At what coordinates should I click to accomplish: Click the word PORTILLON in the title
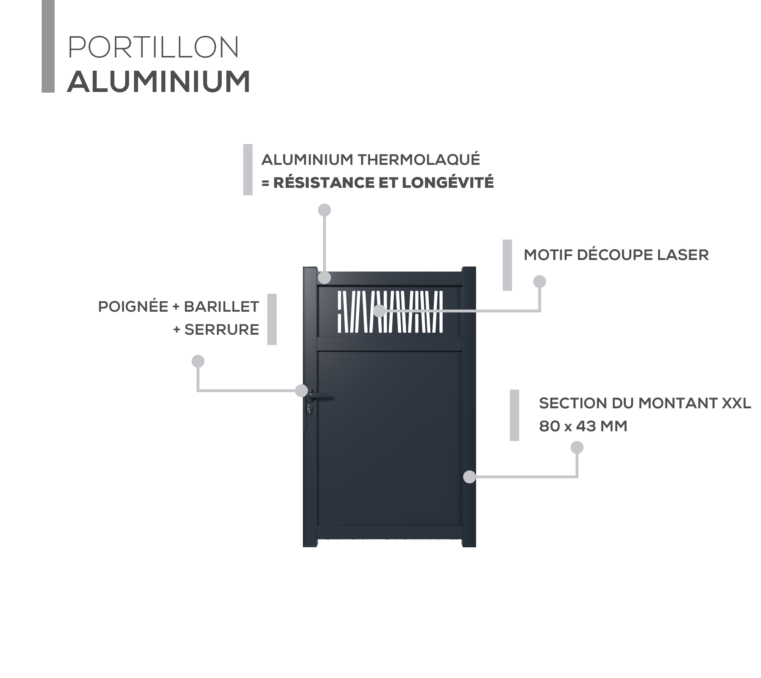point(153,47)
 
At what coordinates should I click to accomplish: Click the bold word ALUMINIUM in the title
point(159,82)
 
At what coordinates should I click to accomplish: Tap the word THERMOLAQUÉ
point(419,160)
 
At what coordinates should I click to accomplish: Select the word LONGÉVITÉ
point(448,182)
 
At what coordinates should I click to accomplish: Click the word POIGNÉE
point(133,307)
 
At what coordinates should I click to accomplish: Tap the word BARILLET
point(221,307)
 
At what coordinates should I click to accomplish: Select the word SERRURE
point(222,330)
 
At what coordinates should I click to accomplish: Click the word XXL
point(737,403)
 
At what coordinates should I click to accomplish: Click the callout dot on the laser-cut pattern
point(379,311)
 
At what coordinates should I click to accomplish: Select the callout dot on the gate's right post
point(470,477)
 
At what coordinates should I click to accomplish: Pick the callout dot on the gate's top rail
point(324,278)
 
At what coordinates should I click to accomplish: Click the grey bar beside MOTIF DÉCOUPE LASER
point(507,265)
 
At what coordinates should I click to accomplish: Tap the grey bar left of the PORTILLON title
point(48,46)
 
